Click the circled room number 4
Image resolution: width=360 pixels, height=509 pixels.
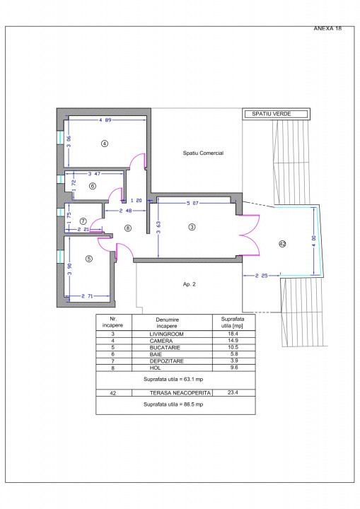tap(105, 143)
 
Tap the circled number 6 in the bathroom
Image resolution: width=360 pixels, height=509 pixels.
tap(93, 186)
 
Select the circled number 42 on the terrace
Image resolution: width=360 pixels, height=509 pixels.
tap(282, 244)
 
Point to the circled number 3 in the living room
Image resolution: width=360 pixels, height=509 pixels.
tap(192, 227)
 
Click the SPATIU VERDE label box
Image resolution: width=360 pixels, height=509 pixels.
tap(276, 114)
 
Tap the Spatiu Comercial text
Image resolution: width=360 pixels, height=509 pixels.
tap(203, 153)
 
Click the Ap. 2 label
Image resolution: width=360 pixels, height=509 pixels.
tap(189, 284)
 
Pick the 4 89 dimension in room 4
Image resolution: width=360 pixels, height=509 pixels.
tap(105, 119)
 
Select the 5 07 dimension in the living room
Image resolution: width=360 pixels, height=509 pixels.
tap(192, 203)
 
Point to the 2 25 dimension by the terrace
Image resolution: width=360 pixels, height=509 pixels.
tap(261, 276)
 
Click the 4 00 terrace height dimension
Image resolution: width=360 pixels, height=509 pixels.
tap(313, 241)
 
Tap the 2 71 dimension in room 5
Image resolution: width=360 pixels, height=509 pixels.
tap(87, 296)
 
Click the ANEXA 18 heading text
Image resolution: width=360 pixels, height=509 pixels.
tap(327, 28)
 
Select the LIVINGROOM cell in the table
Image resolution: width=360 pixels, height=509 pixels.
tap(166, 334)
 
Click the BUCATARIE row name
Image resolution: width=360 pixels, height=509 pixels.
tap(165, 347)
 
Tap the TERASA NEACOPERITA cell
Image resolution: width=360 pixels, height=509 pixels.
tap(180, 393)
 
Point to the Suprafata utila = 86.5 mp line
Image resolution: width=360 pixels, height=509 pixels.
tap(173, 404)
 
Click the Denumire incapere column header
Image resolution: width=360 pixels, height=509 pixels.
tap(167, 322)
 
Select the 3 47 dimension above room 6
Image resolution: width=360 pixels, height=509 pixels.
tap(94, 174)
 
